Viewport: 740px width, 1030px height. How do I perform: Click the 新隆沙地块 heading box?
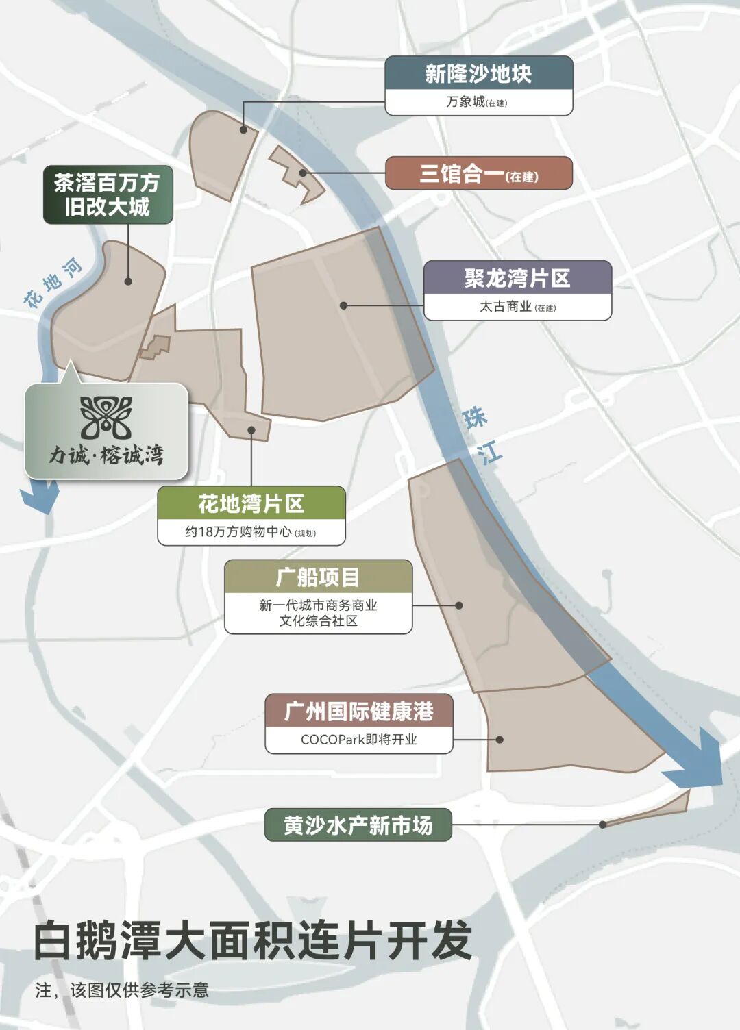pos(478,73)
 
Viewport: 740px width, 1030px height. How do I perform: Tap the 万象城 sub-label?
pos(477,102)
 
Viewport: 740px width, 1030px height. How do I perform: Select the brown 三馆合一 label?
pos(478,174)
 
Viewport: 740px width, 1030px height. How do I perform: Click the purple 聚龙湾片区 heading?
pos(517,279)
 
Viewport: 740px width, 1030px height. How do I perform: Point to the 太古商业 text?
pos(517,307)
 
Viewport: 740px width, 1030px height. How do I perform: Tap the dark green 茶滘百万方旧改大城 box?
pos(108,194)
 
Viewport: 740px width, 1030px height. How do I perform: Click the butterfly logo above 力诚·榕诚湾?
pos(106,418)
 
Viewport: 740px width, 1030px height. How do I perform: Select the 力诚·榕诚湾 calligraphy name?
pos(106,454)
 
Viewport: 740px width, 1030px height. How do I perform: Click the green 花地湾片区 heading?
pos(251,504)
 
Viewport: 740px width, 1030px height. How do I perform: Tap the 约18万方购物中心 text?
pos(251,532)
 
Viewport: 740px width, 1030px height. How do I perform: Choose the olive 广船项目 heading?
pos(318,577)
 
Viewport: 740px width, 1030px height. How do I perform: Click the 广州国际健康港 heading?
pos(359,712)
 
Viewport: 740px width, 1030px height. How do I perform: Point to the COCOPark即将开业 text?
pos(359,740)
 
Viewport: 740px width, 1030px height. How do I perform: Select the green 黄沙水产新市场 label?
pos(358,825)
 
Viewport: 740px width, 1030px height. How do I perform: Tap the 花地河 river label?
pos(52,282)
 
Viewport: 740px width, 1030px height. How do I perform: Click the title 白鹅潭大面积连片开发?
pos(253,940)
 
